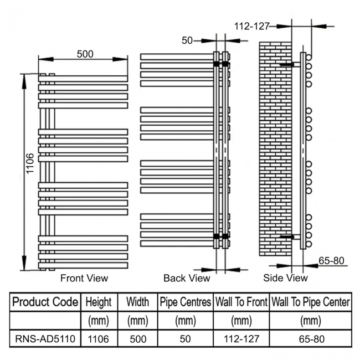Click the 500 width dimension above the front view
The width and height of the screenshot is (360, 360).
point(85,54)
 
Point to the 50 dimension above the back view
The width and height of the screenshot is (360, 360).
point(187,40)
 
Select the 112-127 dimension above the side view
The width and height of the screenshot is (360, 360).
point(251,26)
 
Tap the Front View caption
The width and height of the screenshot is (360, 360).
point(84,278)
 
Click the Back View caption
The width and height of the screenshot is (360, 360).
point(187,278)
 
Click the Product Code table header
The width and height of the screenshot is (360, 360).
point(45,302)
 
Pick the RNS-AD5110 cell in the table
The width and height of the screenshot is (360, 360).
point(45,337)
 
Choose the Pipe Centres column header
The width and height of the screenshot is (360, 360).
point(186,302)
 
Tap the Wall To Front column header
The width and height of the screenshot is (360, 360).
point(240,302)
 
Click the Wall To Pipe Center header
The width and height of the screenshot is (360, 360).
point(310,302)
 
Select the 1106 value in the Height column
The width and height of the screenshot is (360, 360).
point(99,337)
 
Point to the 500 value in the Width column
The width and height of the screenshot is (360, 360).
point(137,337)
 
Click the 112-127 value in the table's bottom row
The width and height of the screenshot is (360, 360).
point(240,337)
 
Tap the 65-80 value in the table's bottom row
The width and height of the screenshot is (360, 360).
point(310,337)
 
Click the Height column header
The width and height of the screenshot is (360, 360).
point(99,302)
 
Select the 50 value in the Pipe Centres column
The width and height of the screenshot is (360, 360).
point(186,337)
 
